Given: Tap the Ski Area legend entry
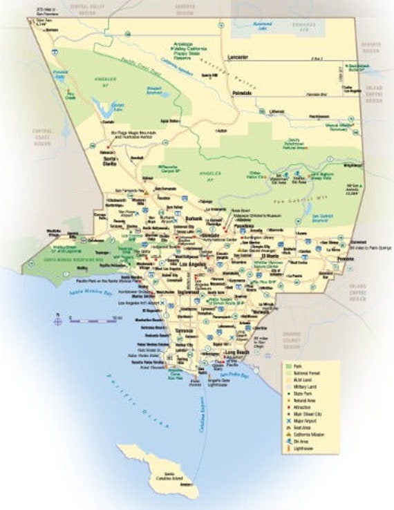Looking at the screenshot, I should pyautogui.click(x=306, y=442).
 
